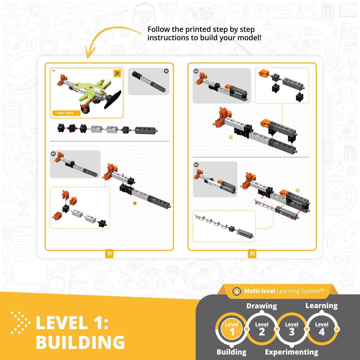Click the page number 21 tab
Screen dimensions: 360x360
pos(109,253)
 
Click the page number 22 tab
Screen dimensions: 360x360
pos(252,253)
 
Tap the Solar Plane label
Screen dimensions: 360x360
pos(65,113)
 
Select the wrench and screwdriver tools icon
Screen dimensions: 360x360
pos(117,73)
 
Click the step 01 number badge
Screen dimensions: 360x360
pos(166,71)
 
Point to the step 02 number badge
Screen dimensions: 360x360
pos(53,154)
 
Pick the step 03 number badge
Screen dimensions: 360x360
pos(196,71)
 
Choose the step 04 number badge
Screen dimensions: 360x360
pos(196,165)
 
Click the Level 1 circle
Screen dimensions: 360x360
pos(232,329)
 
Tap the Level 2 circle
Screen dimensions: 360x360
pos(262,329)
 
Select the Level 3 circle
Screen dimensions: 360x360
pos(292,329)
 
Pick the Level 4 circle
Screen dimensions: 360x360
pos(322,329)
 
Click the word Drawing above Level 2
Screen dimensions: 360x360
pos(261,306)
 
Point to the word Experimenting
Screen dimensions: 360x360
pos(291,352)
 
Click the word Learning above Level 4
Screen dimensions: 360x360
pos(321,306)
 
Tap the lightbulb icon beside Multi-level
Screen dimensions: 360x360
pos(237,291)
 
